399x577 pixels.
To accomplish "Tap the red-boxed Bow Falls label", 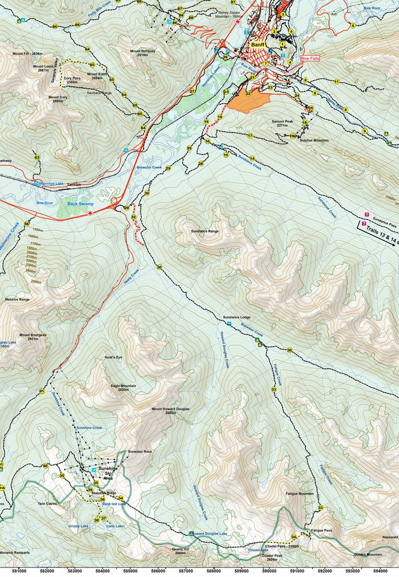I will [x=310, y=58].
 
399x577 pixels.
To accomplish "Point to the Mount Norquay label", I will [x=143, y=53].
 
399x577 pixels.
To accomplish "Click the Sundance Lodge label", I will [x=236, y=317].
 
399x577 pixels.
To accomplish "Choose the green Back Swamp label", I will [x=80, y=204].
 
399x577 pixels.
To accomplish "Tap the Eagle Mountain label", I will [x=123, y=387].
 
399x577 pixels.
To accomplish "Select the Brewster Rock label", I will [x=140, y=452].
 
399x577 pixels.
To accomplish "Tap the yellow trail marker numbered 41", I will [x=42, y=390].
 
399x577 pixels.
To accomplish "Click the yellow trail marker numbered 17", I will [x=250, y=136].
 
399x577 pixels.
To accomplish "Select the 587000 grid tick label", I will [x=185, y=570].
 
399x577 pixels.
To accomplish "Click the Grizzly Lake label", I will [x=78, y=526].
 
